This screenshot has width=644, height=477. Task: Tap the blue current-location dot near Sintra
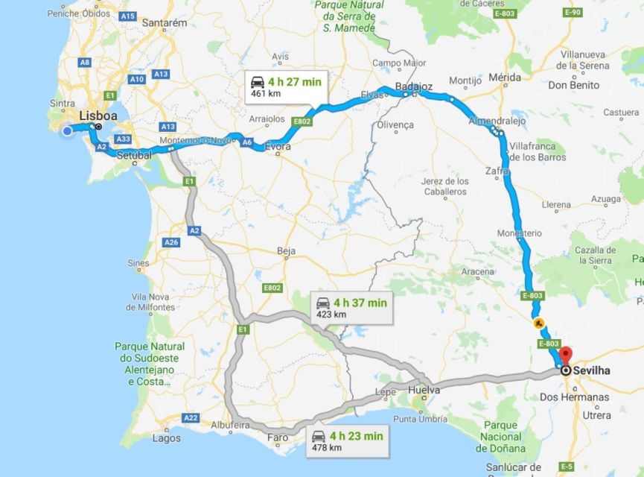click(x=67, y=131)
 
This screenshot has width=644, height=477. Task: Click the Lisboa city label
click(x=98, y=116)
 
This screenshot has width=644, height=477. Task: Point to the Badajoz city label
click(x=415, y=86)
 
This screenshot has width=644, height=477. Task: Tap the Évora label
click(x=278, y=148)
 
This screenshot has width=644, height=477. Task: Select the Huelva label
click(x=424, y=390)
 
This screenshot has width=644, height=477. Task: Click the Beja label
click(x=287, y=251)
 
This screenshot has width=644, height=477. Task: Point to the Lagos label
click(x=166, y=438)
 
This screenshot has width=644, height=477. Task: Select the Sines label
click(x=138, y=263)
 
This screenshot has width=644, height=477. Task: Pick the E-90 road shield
click(x=573, y=13)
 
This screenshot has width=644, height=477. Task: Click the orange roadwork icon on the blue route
click(x=538, y=323)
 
